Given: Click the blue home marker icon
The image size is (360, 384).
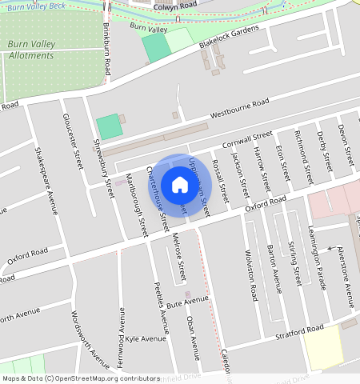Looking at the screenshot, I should click(180, 186).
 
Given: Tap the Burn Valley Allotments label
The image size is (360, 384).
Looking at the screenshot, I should click(31, 50).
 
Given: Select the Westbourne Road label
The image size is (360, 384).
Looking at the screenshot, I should click(240, 110).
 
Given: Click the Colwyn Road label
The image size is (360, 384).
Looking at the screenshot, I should click(174, 6).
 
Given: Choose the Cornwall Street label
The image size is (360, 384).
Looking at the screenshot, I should click(248, 138).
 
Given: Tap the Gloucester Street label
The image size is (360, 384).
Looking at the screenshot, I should click(73, 142).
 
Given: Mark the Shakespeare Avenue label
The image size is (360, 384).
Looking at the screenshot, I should click(46, 182).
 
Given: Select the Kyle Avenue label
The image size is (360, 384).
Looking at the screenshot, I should click(146, 338).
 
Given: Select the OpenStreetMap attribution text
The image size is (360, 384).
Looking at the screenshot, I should click(80, 378).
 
